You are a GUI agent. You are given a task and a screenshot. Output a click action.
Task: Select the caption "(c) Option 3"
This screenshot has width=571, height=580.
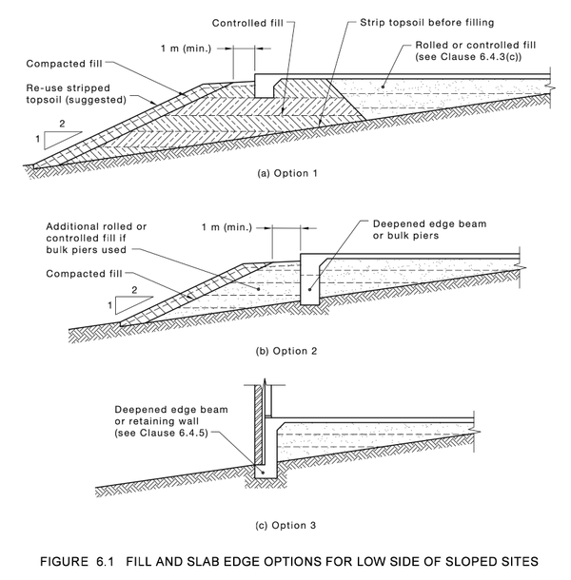pyautogui.click(x=276, y=524)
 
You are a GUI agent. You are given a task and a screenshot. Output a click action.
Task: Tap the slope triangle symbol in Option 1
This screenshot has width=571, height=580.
pyautogui.click(x=50, y=135)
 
